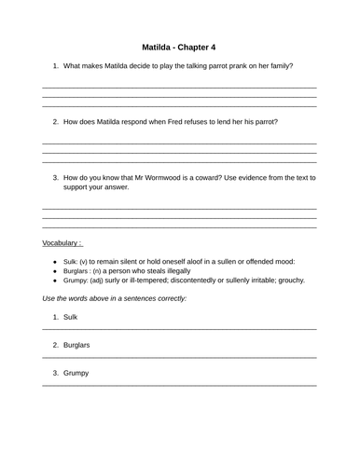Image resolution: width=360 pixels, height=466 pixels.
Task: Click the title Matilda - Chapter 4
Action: coord(179,46)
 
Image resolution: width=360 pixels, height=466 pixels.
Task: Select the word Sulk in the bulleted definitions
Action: coord(71,262)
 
